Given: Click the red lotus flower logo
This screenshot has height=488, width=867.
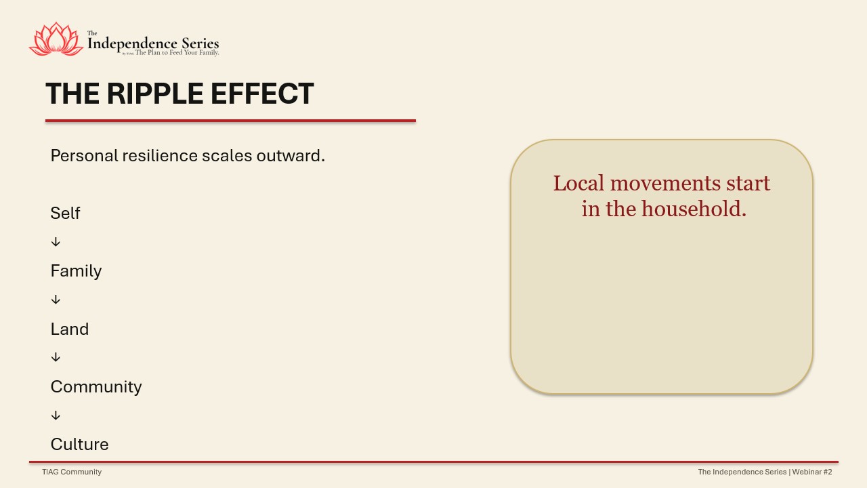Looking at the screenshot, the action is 56,39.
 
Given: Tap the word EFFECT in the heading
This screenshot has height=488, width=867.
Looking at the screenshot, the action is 262,94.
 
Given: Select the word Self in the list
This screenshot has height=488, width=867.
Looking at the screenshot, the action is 65,213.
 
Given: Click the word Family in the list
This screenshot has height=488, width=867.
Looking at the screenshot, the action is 77,271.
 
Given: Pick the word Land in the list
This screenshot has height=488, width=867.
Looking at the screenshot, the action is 70,329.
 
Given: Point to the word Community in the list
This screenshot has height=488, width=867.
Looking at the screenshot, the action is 96,387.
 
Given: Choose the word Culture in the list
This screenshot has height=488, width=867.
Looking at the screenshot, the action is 80,444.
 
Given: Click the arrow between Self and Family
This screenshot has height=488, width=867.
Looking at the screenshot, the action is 56,242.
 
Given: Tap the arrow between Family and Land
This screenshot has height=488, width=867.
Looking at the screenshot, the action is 56,300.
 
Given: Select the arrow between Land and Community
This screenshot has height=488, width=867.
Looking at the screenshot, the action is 56,357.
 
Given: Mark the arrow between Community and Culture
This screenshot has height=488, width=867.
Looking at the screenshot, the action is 56,415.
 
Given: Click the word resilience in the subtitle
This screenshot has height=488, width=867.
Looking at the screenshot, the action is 160,156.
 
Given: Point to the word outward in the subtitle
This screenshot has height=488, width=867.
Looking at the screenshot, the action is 291,156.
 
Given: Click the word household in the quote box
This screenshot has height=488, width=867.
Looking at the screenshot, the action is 694,209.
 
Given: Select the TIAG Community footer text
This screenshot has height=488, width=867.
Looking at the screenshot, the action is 72,472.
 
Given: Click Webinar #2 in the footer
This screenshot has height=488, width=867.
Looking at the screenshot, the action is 812,472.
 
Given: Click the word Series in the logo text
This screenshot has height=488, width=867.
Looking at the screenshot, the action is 200,43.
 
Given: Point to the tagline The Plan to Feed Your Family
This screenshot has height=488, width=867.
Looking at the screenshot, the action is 177,52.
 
